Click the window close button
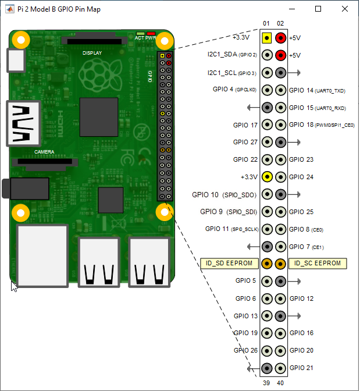(345, 9)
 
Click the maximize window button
(318, 9)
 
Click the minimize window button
(291, 9)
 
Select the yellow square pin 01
(266, 38)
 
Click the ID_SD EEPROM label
(229, 264)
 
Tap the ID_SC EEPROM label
(318, 264)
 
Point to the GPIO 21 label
(301, 368)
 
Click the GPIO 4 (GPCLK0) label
(234, 90)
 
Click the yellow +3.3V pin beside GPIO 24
(266, 177)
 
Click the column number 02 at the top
(281, 23)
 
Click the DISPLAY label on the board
(92, 53)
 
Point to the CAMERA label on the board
(44, 152)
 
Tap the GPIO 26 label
(245, 350)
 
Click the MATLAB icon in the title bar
(9, 9)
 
